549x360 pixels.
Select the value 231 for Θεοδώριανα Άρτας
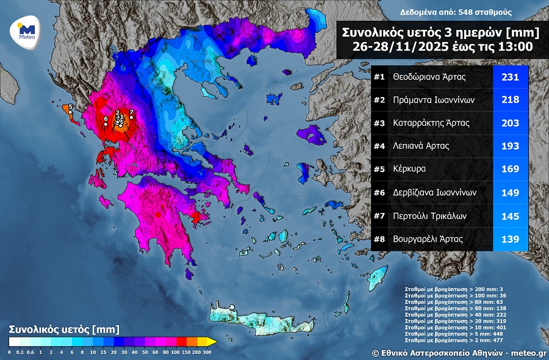(509, 77)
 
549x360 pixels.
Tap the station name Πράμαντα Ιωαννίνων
(434, 100)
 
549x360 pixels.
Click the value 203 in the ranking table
(509, 123)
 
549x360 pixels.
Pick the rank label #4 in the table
(379, 146)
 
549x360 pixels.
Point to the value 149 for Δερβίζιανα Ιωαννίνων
(509, 193)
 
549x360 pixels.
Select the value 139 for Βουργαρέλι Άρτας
(509, 239)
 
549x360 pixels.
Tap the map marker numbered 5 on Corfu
(70, 112)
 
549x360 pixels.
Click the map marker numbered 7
(131, 117)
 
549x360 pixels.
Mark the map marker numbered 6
(106, 124)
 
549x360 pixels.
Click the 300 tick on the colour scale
(206, 352)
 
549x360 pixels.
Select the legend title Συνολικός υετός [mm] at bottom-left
(60, 329)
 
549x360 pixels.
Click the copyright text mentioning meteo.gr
(459, 353)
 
